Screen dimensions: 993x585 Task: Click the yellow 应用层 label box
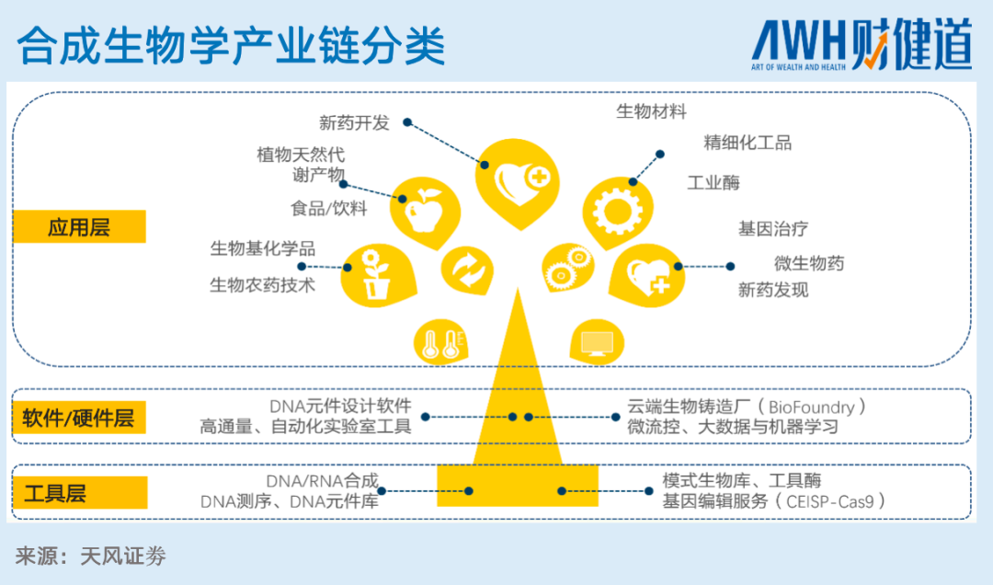tap(79, 226)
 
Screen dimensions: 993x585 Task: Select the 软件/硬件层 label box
tap(79, 418)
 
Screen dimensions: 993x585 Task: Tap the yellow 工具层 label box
tap(80, 492)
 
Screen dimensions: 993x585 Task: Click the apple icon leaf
tap(425, 212)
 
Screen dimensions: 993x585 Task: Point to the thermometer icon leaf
tap(440, 343)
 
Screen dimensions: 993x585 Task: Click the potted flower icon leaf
tap(378, 276)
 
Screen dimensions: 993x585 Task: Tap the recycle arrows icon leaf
tap(467, 270)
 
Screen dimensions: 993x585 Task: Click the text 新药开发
tap(354, 123)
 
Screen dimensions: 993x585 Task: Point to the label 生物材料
tap(651, 111)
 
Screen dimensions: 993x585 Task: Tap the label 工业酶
tap(713, 183)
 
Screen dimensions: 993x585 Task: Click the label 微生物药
tap(809, 263)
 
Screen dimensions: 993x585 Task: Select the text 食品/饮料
tap(328, 209)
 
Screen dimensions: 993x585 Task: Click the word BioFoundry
tap(811, 407)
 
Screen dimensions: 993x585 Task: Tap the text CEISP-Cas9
tap(829, 502)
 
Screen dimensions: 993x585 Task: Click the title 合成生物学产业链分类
tap(231, 46)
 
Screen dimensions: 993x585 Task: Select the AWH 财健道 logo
tap(862, 44)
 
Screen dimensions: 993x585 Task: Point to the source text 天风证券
tap(123, 556)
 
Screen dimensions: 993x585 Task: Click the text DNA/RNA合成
tap(323, 481)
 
